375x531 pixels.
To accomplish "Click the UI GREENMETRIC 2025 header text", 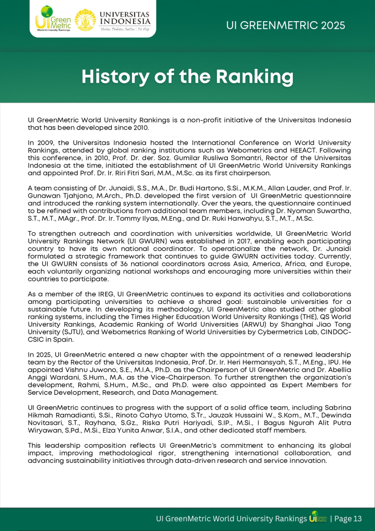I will [286, 25].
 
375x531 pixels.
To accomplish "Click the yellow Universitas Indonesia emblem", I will [86, 20].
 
